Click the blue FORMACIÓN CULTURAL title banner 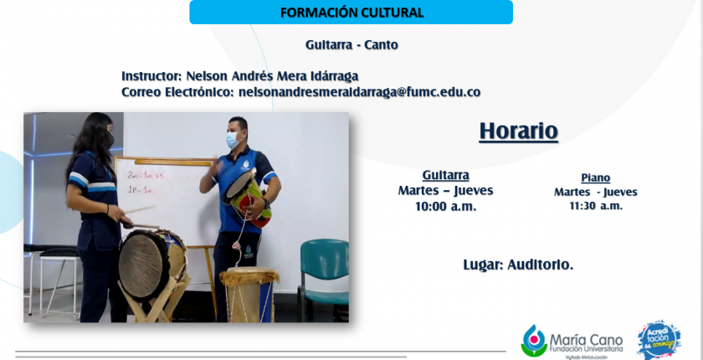[351, 12]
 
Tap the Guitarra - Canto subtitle [352, 45]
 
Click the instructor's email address [360, 92]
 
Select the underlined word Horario [518, 131]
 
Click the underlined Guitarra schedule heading [445, 175]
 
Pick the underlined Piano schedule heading [595, 178]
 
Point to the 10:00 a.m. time [445, 207]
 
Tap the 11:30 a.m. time [596, 206]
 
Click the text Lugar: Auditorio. [518, 265]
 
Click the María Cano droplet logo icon [534, 341]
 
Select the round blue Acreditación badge [659, 339]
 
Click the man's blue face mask [233, 140]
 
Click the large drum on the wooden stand [151, 264]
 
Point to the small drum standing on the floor [249, 294]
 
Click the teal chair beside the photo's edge [324, 280]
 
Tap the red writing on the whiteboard [144, 182]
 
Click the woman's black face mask [110, 139]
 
